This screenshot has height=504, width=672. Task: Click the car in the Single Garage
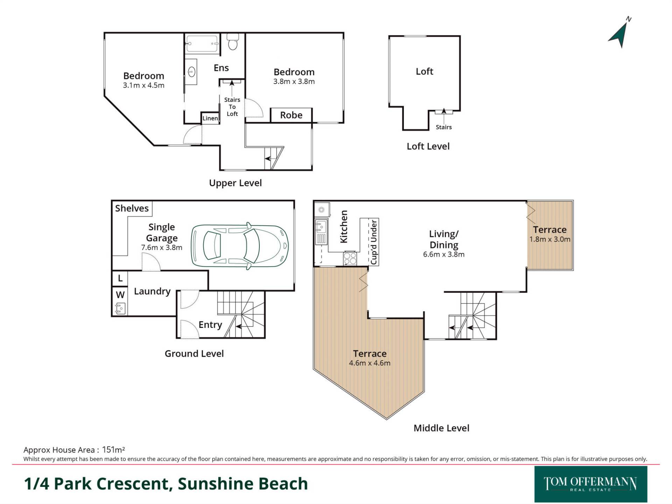[x=240, y=246]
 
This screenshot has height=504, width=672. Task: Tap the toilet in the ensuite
[x=232, y=43]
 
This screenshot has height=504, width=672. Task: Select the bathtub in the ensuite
[x=202, y=44]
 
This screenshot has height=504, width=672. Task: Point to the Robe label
[x=291, y=115]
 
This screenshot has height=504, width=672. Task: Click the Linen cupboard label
[x=210, y=118]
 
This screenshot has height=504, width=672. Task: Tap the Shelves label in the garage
[x=132, y=208]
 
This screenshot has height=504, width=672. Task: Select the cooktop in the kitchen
[x=350, y=259]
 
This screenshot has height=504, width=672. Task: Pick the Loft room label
[x=424, y=71]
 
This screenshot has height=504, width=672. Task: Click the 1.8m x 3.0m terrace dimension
[x=549, y=239]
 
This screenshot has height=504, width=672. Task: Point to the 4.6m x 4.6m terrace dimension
[x=370, y=363]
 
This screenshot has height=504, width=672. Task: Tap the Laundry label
[x=152, y=291]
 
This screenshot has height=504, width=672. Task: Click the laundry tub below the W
[x=120, y=309]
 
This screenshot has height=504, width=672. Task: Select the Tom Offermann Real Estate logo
[x=590, y=484]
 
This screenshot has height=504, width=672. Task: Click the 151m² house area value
[x=113, y=450]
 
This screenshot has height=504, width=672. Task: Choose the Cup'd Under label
[x=374, y=242]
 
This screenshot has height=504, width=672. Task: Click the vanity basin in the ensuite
[x=191, y=72]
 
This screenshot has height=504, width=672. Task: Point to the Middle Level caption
[x=441, y=428]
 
